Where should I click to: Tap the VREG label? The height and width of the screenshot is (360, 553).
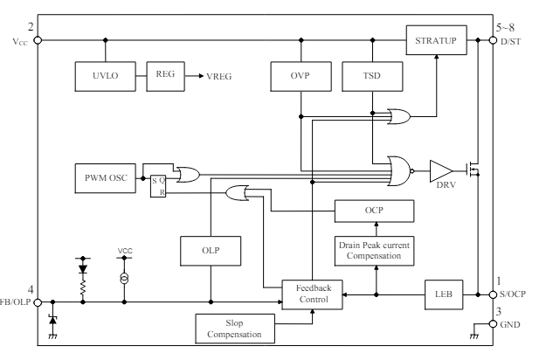[219, 77]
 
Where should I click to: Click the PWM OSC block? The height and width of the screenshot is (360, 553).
[106, 179]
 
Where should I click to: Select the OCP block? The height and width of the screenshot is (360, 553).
[375, 211]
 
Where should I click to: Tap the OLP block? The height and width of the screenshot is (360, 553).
[211, 252]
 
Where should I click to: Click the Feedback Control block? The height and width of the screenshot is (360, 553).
[312, 294]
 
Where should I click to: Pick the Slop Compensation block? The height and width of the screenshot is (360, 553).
[233, 329]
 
